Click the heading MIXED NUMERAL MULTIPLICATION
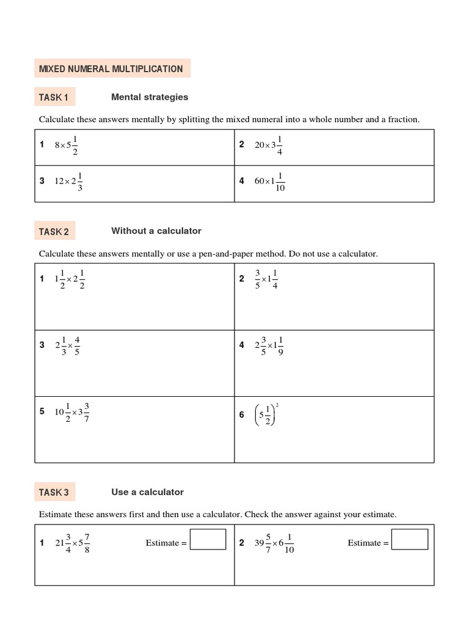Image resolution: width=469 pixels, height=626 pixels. tap(111, 68)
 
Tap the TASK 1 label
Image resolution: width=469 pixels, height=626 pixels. tap(54, 97)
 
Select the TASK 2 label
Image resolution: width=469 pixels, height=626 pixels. tap(54, 232)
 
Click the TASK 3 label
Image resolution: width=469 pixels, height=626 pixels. tap(54, 492)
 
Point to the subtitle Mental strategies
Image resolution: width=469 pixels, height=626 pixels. tap(150, 97)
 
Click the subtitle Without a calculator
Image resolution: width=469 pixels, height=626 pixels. tap(156, 231)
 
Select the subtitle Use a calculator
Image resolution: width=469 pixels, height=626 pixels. tap(147, 492)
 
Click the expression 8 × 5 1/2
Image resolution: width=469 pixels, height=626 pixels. tap(67, 145)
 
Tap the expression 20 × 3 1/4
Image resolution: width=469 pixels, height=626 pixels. tap(269, 145)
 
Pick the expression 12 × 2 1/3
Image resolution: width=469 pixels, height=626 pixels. tap(68, 181)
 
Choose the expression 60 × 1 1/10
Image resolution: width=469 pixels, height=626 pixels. tap(269, 181)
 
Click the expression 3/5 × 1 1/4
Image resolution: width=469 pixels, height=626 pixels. tap(266, 279)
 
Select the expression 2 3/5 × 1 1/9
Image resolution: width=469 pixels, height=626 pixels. tap(269, 345)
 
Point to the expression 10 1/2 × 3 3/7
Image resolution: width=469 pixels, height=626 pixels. tap(72, 412)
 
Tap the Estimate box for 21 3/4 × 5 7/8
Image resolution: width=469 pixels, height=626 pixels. tap(208, 540)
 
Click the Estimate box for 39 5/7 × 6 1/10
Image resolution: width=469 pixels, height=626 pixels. tap(409, 540)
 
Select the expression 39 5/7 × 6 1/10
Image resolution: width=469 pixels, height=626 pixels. tap(274, 543)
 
